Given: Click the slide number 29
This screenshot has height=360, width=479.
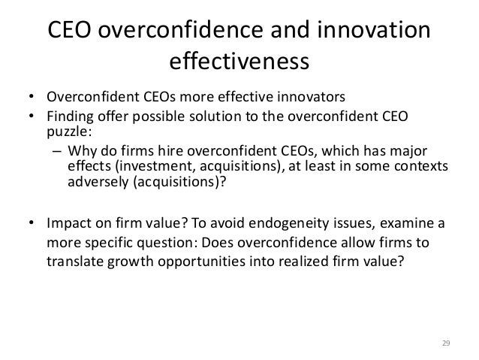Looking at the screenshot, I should (x=444, y=343).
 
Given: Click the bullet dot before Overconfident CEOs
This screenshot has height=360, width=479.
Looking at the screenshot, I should (x=32, y=97).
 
